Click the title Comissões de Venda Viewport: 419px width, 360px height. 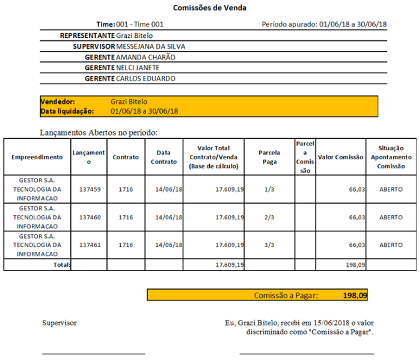209,8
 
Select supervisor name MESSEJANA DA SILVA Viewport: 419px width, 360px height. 150,46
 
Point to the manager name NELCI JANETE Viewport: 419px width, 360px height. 138,68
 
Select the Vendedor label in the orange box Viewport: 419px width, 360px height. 58,102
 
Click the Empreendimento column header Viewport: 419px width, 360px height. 37,157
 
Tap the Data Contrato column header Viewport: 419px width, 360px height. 164,157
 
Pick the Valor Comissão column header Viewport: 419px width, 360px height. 341,157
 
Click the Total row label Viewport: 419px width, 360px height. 62,265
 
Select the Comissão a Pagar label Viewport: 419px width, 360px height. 286,295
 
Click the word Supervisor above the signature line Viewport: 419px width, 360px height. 60,323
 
